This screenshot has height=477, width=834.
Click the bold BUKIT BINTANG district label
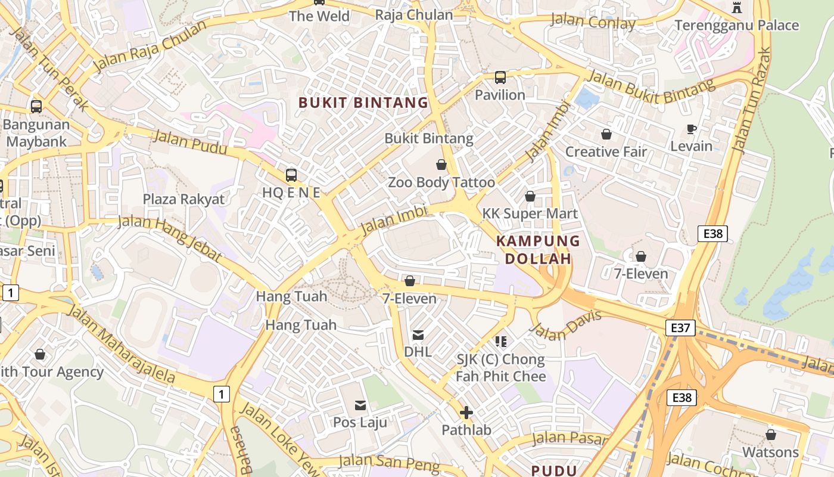[363, 103]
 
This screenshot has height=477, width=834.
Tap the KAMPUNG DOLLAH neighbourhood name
[538, 250]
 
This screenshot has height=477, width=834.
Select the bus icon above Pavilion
[500, 78]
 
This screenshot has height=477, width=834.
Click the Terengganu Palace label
[736, 26]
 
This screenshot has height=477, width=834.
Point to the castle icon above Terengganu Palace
[737, 7]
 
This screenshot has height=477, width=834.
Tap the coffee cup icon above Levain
[691, 129]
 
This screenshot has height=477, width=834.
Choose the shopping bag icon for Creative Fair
[606, 134]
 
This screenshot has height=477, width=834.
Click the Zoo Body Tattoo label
[441, 182]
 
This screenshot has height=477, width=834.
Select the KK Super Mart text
[530, 213]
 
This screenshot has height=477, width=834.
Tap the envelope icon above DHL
[418, 335]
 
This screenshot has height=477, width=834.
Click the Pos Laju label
[360, 422]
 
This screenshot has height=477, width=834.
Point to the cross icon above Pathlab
[466, 413]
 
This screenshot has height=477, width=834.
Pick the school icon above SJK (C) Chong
[500, 342]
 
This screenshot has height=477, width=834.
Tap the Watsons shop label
[770, 452]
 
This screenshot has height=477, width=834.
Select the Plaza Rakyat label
[183, 199]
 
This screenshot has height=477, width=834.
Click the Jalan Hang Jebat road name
[170, 238]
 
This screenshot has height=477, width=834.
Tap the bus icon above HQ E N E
[291, 175]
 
